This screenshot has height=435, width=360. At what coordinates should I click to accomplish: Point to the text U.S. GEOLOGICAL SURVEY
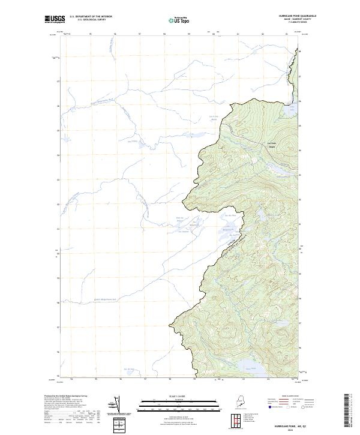pyautogui.click(x=91, y=19)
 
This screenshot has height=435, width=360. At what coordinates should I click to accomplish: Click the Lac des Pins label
pyautogui.click(x=228, y=215)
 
